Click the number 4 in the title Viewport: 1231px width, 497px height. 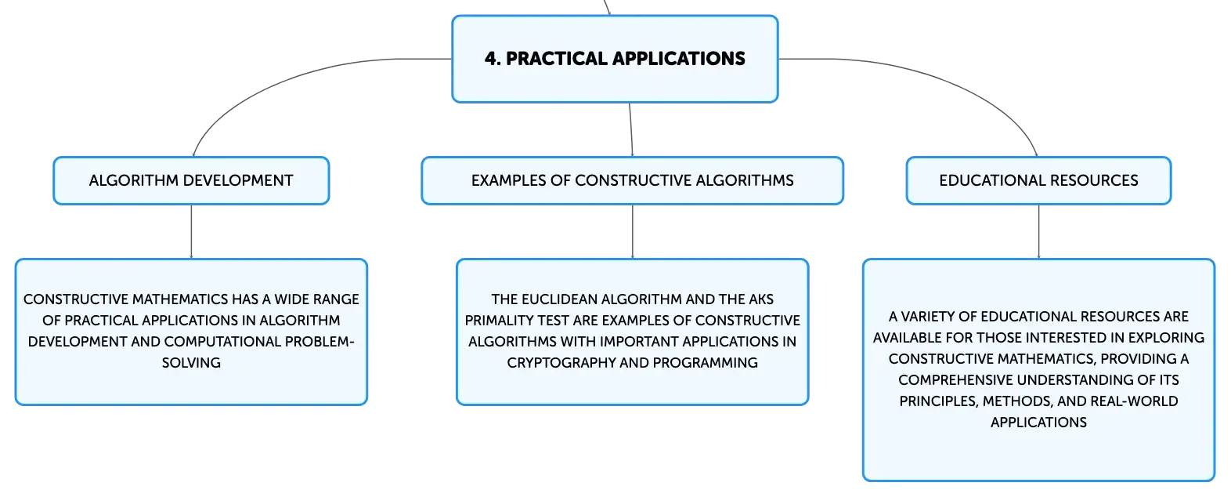(x=490, y=58)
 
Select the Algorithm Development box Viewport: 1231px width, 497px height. (x=191, y=180)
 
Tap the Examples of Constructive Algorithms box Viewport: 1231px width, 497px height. (x=633, y=180)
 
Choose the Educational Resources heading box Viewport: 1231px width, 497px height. (x=1038, y=180)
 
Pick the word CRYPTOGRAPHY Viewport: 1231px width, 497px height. (x=561, y=363)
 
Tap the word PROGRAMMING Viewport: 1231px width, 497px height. (x=705, y=363)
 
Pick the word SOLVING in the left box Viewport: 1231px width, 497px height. (x=191, y=363)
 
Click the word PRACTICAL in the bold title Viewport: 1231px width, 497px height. (x=555, y=58)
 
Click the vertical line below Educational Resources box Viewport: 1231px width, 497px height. (x=1038, y=232)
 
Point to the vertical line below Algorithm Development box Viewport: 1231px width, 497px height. (x=191, y=232)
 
